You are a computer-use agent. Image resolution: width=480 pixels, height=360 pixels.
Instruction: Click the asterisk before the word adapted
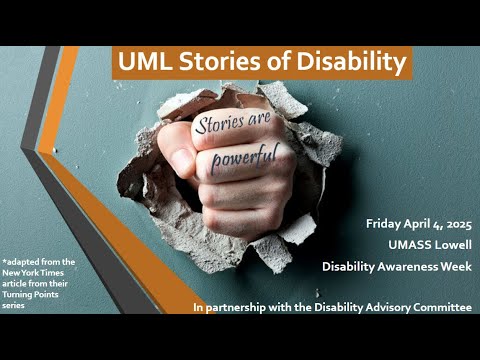(4, 261)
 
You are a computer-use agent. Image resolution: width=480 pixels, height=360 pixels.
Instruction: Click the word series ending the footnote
(14, 307)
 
